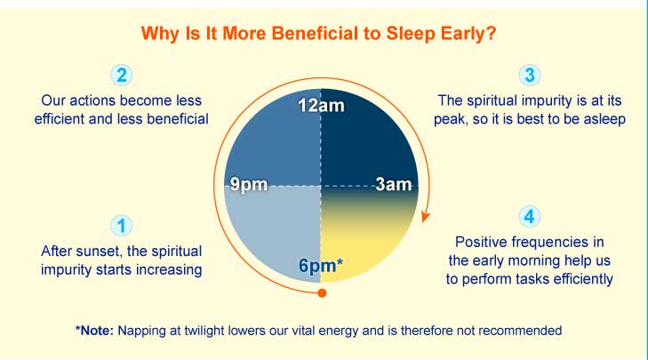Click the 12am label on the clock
click(321, 106)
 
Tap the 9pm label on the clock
click(249, 184)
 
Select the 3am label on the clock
click(394, 184)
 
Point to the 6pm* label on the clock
click(321, 265)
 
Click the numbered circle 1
click(121, 226)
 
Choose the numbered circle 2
click(121, 76)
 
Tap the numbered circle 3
click(530, 76)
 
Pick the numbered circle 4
click(530, 217)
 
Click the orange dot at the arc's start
click(322, 293)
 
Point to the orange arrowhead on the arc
click(425, 216)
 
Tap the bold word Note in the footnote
click(96, 331)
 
